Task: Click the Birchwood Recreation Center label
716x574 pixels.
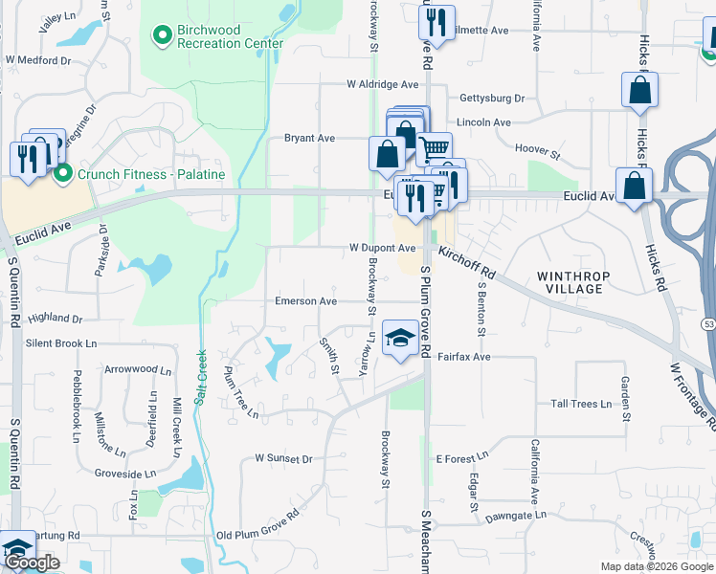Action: click(x=230, y=36)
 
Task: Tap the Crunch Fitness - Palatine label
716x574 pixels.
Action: click(x=150, y=174)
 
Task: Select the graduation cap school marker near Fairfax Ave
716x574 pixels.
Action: click(x=400, y=340)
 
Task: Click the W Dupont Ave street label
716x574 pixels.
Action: click(x=381, y=248)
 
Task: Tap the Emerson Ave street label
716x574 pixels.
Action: click(x=306, y=301)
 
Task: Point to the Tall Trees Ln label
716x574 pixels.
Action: click(x=580, y=405)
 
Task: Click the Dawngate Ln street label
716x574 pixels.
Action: click(x=515, y=515)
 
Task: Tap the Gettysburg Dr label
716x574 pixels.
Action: click(x=492, y=99)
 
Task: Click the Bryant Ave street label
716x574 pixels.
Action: click(x=309, y=139)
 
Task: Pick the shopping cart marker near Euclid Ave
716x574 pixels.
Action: click(x=434, y=147)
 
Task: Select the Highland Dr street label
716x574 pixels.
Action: click(x=56, y=318)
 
